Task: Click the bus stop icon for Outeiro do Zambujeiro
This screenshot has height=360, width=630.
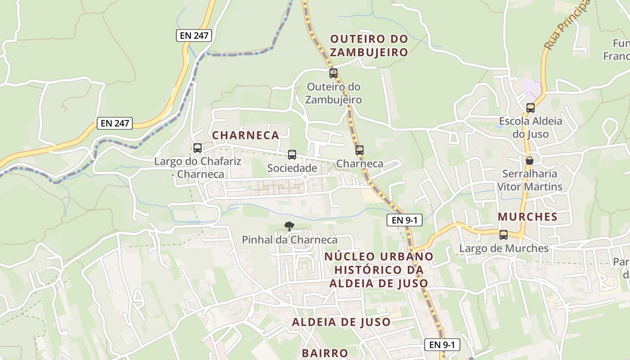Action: [333, 73]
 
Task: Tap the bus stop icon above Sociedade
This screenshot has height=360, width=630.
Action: [292, 155]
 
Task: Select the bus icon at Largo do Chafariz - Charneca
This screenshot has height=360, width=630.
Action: [197, 148]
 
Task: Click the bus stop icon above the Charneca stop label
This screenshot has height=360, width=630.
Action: [359, 150]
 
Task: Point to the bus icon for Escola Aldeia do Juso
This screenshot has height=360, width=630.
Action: [531, 108]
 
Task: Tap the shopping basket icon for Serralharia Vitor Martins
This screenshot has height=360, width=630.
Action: [530, 161]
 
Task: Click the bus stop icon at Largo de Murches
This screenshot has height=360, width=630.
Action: [504, 235]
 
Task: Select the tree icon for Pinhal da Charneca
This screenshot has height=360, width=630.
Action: [289, 226]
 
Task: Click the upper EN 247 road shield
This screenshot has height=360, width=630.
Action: [193, 36]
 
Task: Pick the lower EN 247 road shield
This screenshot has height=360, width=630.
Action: [115, 123]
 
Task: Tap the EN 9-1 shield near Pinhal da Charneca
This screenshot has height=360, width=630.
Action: [404, 220]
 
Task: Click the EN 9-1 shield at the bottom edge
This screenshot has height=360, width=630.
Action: [442, 345]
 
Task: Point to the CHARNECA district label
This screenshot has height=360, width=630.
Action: [246, 135]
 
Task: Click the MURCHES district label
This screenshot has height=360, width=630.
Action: [527, 217]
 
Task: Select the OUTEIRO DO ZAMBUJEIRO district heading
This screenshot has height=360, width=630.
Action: [369, 45]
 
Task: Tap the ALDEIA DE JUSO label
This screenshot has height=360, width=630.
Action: [341, 322]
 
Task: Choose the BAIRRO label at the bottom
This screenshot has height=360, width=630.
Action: [325, 353]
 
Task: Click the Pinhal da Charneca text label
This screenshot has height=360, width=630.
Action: [289, 240]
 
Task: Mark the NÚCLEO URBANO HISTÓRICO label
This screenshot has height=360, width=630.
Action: [379, 270]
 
